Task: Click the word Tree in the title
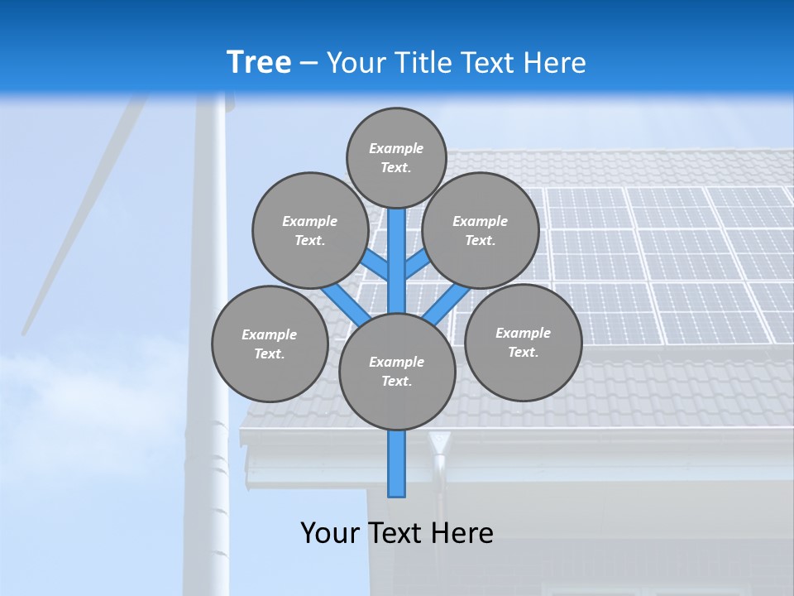point(259,62)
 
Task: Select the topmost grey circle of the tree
point(396,157)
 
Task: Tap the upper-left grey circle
point(309,230)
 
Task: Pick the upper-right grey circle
point(480,230)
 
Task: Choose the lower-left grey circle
point(270,344)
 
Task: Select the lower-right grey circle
point(523,342)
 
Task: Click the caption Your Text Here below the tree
point(397,532)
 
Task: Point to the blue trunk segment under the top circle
point(397,248)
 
